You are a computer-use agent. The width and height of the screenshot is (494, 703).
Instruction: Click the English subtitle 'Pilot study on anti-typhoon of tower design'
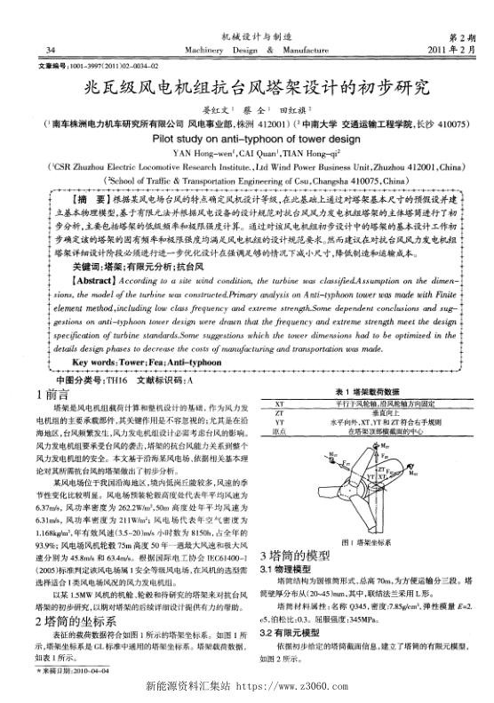(246, 139)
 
